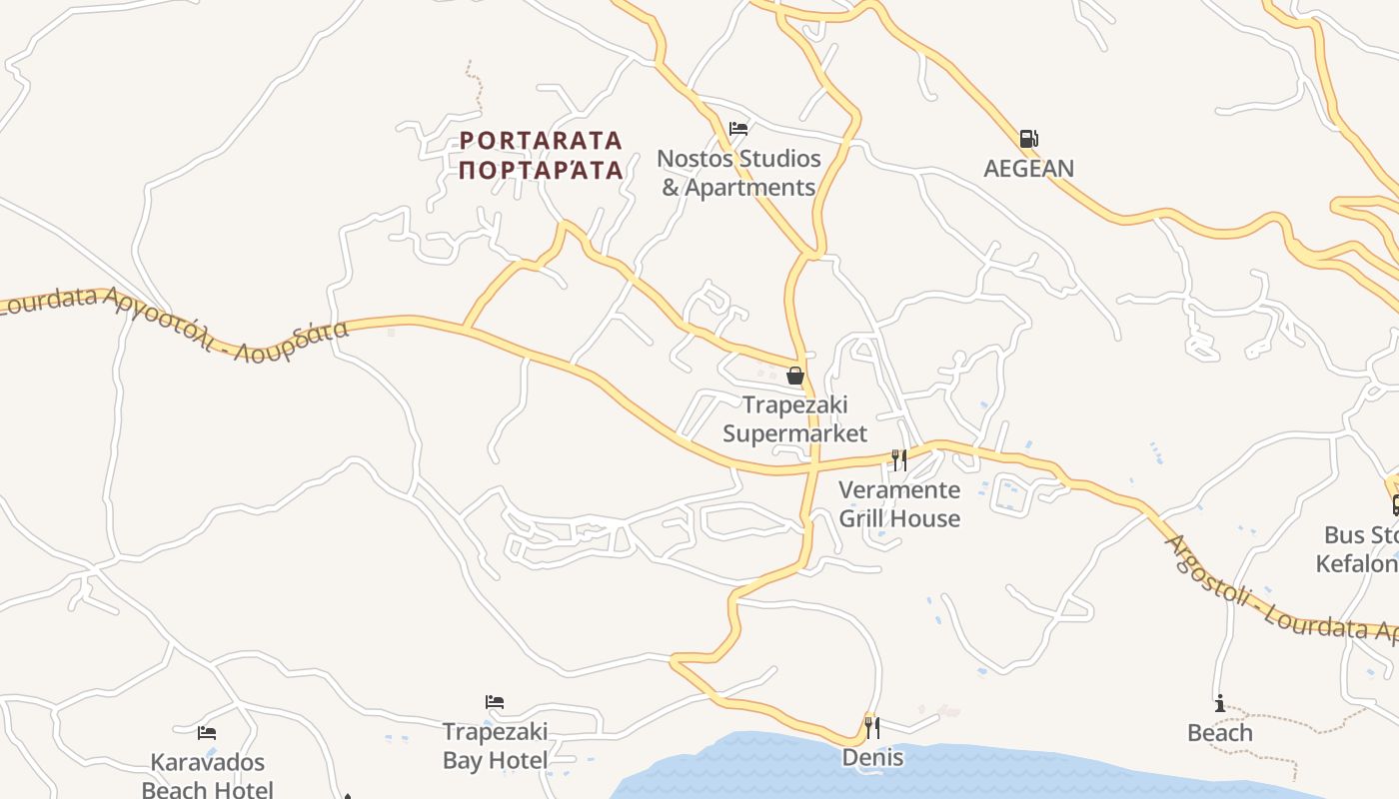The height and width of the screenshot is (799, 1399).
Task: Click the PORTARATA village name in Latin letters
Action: coord(541,140)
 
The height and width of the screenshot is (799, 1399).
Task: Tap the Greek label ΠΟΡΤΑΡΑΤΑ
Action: coord(541,169)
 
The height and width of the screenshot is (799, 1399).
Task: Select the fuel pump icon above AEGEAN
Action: coord(1028,139)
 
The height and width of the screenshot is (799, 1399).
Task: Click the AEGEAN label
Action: coord(1028,168)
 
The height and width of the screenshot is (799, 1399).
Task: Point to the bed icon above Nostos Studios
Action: coord(738,129)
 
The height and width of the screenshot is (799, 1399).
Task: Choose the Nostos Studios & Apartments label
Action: coord(738,173)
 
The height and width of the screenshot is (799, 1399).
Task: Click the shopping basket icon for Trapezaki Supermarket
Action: coord(795,376)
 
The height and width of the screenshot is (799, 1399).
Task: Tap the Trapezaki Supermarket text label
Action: coord(795,418)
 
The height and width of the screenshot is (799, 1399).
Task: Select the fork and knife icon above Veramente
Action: coord(899,459)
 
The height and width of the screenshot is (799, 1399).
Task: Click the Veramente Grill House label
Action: coord(899,503)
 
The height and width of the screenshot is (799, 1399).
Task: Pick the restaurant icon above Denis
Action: coord(872,727)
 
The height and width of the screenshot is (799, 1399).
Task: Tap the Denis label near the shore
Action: coord(872,757)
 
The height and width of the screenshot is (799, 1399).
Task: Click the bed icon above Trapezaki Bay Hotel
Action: coord(495,702)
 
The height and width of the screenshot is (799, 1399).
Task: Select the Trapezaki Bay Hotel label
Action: coord(495,746)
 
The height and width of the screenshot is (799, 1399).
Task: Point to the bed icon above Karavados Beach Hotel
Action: coord(207,733)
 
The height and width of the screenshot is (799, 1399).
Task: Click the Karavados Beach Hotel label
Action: coord(207,776)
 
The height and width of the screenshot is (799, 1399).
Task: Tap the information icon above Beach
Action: coord(1219,704)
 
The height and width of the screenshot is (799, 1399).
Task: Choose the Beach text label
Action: coord(1219,732)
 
